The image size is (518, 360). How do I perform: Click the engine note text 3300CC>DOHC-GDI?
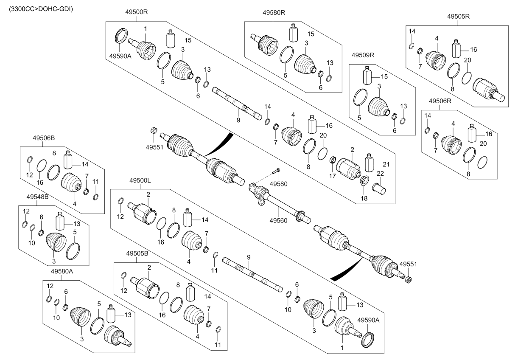[38, 8]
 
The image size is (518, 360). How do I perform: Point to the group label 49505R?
[459, 16]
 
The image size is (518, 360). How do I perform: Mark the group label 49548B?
[37, 197]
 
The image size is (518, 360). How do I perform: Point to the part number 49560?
[278, 220]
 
